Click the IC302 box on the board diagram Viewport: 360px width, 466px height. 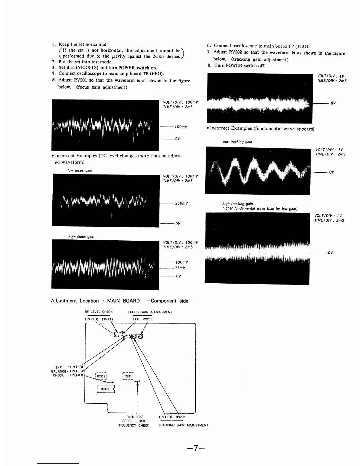(x=105, y=389)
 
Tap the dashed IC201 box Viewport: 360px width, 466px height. (x=128, y=376)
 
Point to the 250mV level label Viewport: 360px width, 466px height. (x=181, y=203)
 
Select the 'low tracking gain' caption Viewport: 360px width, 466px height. (x=237, y=142)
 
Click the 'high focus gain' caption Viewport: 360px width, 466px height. (x=81, y=237)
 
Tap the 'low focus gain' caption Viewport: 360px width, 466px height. (x=80, y=170)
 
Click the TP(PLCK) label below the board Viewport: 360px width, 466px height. (x=135, y=417)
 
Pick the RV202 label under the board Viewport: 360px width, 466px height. (x=180, y=417)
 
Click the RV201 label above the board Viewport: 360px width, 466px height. (x=147, y=319)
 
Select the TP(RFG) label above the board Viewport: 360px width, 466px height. (x=91, y=319)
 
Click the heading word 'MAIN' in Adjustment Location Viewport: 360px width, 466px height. (x=113, y=301)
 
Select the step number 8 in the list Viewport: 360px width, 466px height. (x=209, y=65)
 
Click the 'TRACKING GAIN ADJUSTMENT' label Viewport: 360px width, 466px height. (x=183, y=425)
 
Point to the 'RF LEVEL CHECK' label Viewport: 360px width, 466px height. (x=99, y=312)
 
